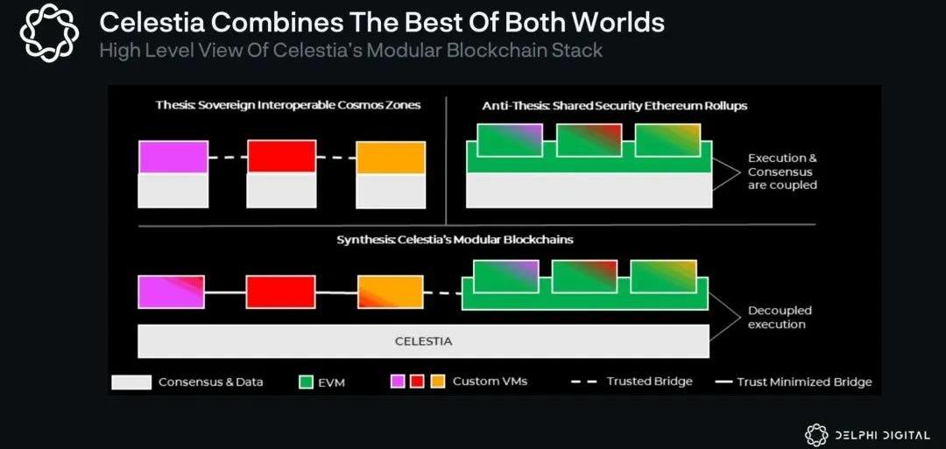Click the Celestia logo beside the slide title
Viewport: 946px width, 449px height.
(49, 34)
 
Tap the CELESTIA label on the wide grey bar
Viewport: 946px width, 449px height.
(424, 341)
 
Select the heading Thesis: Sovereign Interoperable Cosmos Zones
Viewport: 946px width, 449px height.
(288, 105)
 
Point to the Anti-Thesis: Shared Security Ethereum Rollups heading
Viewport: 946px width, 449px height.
(615, 106)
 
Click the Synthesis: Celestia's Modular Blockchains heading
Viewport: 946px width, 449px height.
(455, 239)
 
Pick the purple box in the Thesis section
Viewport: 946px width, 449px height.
(173, 157)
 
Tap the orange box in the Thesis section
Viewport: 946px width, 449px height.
(391, 158)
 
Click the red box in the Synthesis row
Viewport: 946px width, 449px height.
(280, 291)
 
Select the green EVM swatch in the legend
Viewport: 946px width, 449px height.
(307, 382)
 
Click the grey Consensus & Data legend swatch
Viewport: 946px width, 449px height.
(131, 382)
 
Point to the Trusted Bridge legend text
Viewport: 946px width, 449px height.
(649, 381)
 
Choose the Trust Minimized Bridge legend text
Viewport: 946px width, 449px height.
(803, 382)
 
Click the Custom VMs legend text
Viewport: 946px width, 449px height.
(490, 381)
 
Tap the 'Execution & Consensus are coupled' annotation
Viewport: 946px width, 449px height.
(782, 172)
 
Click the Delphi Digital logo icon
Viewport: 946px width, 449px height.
(817, 435)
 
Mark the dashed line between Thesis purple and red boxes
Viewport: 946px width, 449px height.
(228, 158)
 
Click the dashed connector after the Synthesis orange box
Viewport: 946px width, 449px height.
(443, 293)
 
